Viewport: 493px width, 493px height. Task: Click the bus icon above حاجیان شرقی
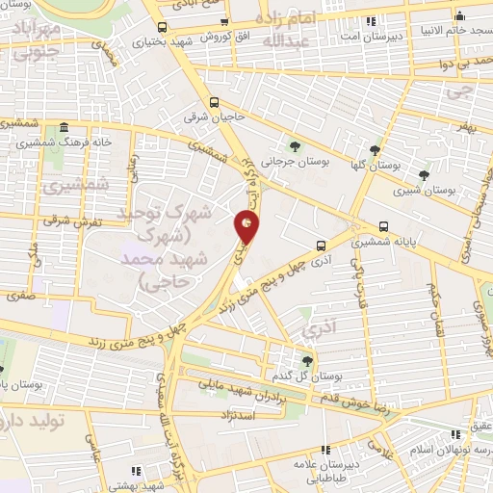214,102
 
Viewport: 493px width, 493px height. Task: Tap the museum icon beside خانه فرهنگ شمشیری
64,128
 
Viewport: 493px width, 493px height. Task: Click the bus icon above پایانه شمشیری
384,227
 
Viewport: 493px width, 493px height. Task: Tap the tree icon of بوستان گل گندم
307,361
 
